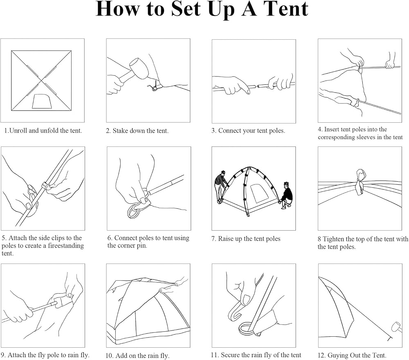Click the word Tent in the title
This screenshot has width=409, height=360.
(x=285, y=9)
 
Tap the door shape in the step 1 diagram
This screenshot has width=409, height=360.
(x=42, y=101)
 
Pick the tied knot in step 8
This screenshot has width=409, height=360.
(x=360, y=181)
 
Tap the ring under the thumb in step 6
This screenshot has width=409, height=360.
(x=135, y=211)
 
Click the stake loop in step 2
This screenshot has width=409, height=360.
(x=155, y=87)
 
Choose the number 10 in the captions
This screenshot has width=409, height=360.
(x=109, y=355)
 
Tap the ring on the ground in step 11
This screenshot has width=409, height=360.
(x=247, y=329)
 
